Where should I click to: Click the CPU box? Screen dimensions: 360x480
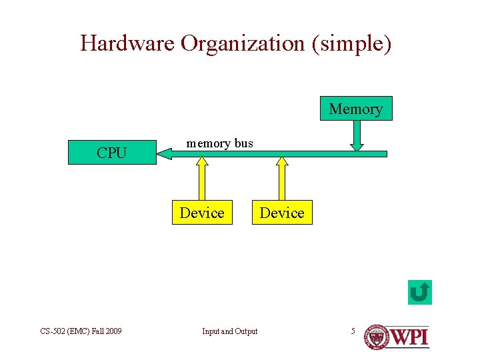tap(111, 153)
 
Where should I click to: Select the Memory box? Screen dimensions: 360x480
tap(356, 109)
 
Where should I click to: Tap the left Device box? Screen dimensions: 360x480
tap(202, 213)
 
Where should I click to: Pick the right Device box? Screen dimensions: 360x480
tap(281, 213)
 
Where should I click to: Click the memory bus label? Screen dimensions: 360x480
tap(219, 143)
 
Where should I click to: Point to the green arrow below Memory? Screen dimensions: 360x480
tap(357, 136)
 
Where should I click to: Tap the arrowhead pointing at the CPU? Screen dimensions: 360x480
tap(163, 154)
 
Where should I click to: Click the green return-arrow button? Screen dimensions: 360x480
tap(420, 292)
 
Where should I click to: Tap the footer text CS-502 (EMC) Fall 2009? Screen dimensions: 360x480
tap(81, 331)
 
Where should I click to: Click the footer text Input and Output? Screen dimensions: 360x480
tap(230, 331)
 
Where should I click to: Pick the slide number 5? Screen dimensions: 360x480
tap(353, 331)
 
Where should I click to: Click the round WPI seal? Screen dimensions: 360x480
tap(376, 337)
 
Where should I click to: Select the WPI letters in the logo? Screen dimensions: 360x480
tap(409, 336)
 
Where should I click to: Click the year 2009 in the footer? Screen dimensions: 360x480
tap(112, 331)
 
